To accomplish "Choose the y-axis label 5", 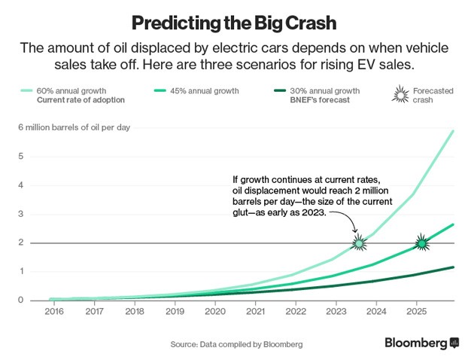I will click(21, 157).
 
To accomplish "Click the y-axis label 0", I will click(21, 300).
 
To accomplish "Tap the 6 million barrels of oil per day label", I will click(74, 127).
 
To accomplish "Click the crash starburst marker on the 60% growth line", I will click(360, 243).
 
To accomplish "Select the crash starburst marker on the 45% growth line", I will click(422, 243).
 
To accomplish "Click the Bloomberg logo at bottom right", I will click(421, 343).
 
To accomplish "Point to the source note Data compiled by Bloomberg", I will click(236, 344).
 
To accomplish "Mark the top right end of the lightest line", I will click(454, 131).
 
